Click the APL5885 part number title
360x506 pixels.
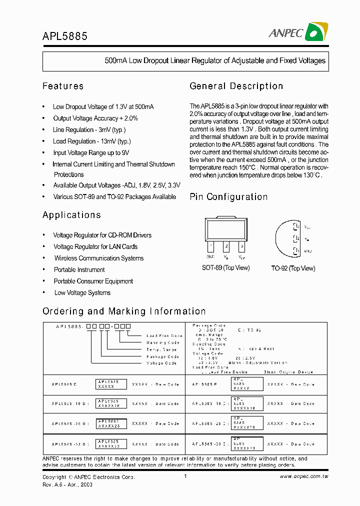(65, 36)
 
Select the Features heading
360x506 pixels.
(63, 86)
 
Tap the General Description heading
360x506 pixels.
(236, 86)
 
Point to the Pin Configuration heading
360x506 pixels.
(228, 197)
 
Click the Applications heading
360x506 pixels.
(71, 215)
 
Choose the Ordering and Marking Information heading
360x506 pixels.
(124, 311)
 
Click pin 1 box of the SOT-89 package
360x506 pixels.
(210, 246)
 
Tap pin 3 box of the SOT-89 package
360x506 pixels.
(241, 246)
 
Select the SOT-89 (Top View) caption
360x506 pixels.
(225, 268)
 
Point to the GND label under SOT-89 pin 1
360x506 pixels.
(210, 256)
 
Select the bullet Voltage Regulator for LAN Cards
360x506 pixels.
(95, 247)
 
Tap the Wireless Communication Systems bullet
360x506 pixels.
(99, 258)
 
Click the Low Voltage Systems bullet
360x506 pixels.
(82, 293)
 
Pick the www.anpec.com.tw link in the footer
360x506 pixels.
(303, 477)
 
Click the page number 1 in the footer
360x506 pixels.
(185, 476)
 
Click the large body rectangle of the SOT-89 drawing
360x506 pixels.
(226, 229)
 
